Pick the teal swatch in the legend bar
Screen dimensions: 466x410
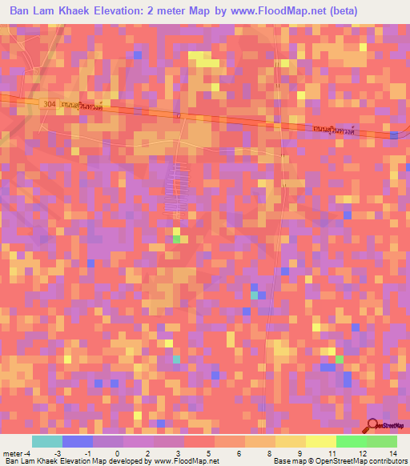47,441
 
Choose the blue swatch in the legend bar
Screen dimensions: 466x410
78,441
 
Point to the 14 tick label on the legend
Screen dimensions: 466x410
392,452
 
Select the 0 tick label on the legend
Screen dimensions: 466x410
117,452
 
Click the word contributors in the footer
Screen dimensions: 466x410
385,461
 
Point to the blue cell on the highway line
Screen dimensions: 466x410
394,134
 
